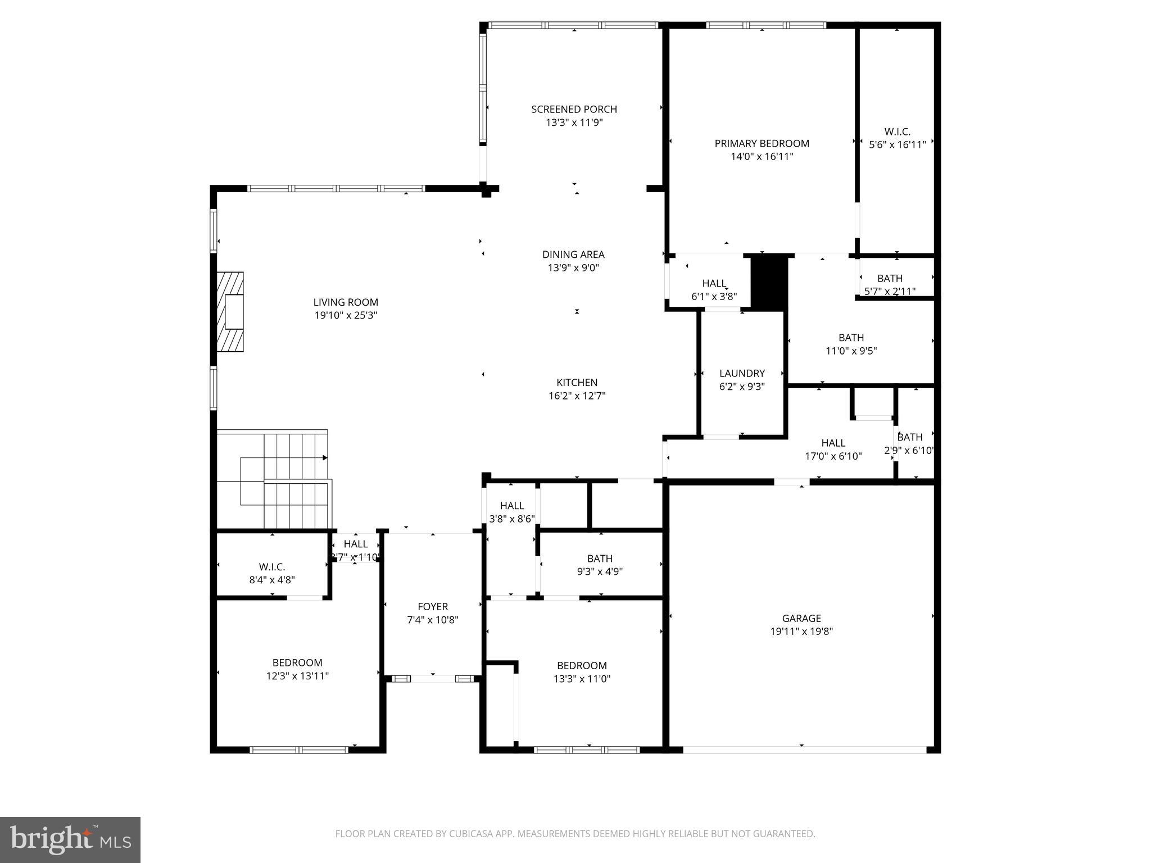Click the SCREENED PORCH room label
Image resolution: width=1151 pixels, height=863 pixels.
pos(574,109)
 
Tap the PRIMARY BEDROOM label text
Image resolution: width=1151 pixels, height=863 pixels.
pos(762,143)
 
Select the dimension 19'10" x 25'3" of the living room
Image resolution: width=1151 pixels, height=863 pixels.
pos(346,315)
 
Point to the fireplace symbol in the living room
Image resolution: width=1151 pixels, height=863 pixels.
pos(231,312)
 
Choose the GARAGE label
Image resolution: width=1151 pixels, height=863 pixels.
pos(801,618)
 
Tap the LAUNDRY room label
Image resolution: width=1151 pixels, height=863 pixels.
pos(742,373)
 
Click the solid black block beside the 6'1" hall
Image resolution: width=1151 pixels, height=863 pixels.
pos(768,281)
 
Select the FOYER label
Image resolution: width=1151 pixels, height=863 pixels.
pos(433,606)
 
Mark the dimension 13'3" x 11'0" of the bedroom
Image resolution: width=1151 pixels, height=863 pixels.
pos(582,678)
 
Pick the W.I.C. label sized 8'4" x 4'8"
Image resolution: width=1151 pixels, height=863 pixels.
pos(272,567)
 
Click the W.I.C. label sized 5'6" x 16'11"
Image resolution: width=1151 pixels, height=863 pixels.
pos(897,131)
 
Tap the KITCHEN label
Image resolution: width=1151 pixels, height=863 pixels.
pos(577,383)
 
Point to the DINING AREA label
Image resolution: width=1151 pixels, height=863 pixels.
pos(573,255)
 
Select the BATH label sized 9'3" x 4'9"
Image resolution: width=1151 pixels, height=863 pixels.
pos(600,558)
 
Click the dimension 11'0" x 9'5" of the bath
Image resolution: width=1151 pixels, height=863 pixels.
pos(851,351)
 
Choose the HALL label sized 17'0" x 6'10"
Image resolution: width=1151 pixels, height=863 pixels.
pos(833,443)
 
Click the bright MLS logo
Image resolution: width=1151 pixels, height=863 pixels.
pos(70,839)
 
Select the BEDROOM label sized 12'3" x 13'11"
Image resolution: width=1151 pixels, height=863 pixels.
pos(297,662)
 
